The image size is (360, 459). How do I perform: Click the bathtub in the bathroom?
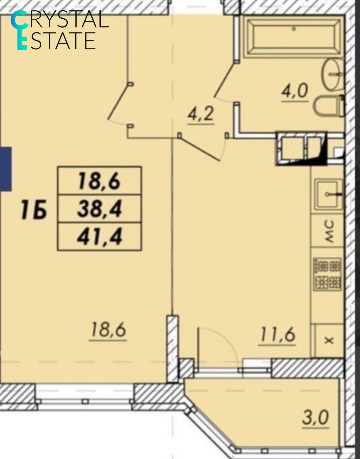click(293, 37)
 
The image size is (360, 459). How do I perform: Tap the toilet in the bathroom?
click(329, 106)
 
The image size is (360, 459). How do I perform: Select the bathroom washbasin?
click(332, 74)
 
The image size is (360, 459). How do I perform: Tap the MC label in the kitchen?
click(329, 231)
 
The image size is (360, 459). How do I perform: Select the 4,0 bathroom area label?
click(295, 91)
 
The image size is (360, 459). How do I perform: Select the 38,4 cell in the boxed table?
click(100, 209)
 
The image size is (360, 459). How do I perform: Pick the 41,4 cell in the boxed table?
click(100, 237)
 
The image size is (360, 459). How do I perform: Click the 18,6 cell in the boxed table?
click(100, 181)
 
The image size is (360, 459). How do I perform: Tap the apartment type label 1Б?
click(34, 209)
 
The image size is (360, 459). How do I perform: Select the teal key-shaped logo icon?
click(20, 30)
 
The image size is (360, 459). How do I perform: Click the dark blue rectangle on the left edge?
click(5, 169)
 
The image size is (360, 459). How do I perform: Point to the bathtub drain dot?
click(294, 29)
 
